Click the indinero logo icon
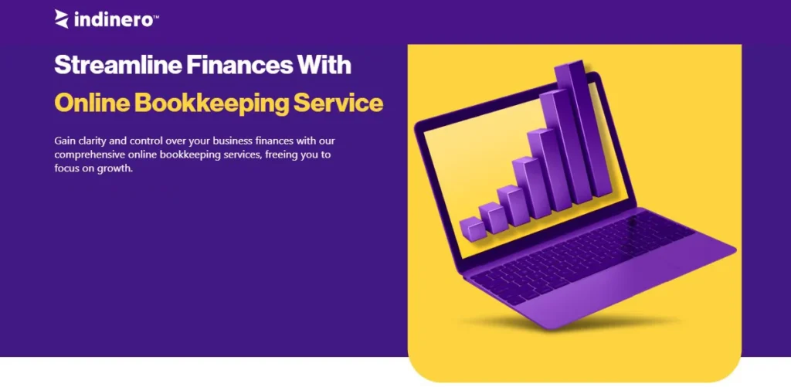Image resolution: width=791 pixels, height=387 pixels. coord(62,19)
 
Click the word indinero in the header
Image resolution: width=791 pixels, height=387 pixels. coord(113,19)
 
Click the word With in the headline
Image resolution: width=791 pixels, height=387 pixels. coord(325,65)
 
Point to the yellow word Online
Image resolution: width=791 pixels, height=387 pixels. coord(91,103)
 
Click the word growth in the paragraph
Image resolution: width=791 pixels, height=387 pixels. coord(117,168)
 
